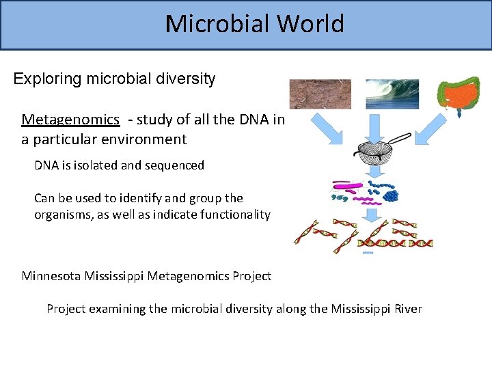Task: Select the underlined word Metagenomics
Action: coord(70,120)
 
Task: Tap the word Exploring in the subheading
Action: coord(47,79)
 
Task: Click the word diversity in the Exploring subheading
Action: coord(187,79)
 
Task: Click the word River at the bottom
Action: coord(407,309)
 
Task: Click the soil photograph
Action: coord(320,94)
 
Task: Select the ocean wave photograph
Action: coord(392,94)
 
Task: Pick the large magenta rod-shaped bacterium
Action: coord(345,185)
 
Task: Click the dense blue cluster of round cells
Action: coord(390,195)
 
